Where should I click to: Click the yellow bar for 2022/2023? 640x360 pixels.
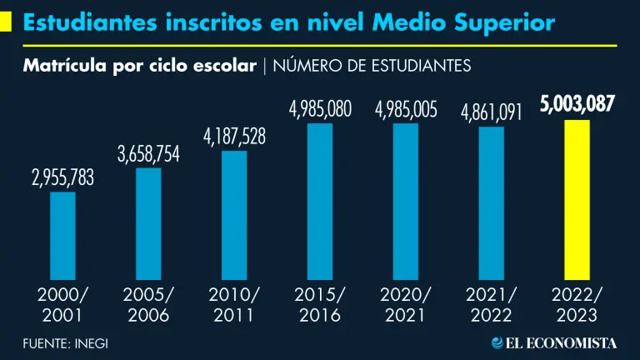tap(577, 200)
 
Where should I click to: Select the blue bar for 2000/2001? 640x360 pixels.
tap(62, 236)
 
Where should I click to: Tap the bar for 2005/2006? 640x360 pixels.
tap(148, 223)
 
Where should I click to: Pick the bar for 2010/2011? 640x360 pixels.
tap(234, 215)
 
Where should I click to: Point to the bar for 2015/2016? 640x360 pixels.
tap(320, 201)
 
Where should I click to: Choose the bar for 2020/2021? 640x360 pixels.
tap(406, 201)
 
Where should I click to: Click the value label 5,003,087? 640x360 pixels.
tap(577, 105)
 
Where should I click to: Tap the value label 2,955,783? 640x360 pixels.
tap(62, 177)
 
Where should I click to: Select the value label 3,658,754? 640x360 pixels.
tap(148, 153)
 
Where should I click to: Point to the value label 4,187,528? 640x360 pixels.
tap(234, 136)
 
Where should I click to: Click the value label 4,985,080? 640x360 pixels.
tap(320, 108)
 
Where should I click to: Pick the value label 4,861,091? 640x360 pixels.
tap(492, 112)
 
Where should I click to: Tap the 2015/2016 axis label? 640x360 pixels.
tap(320, 305)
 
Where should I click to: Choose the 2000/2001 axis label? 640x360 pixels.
tap(62, 305)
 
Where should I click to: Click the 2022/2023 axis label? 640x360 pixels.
tap(577, 305)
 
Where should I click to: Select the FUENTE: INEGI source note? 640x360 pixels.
tap(65, 342)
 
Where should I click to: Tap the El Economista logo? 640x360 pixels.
tap(553, 342)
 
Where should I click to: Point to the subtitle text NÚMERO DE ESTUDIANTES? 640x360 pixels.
tap(371, 65)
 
